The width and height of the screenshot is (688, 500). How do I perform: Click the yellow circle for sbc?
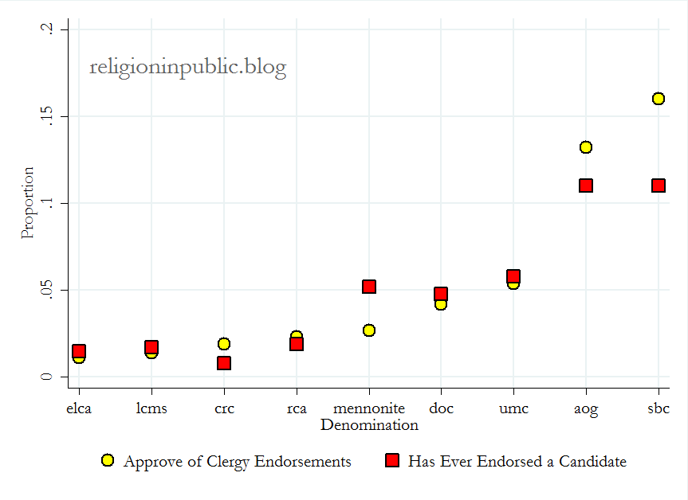click(x=658, y=99)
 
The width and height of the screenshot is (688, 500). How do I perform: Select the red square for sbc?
click(x=658, y=186)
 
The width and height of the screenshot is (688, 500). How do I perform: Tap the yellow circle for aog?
click(x=585, y=147)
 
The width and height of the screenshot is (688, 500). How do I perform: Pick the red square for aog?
click(x=585, y=186)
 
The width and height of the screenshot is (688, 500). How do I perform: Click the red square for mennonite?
click(x=368, y=287)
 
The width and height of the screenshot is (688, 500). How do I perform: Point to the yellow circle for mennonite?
click(x=368, y=330)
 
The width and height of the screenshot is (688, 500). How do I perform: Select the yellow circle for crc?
click(x=224, y=344)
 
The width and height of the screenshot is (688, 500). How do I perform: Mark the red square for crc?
click(x=224, y=363)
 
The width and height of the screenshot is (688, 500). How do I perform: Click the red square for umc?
click(x=513, y=276)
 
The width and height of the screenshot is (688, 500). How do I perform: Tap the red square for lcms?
click(x=151, y=347)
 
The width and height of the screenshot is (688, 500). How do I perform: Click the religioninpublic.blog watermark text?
click(x=187, y=68)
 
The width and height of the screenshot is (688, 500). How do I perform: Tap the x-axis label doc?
click(x=441, y=409)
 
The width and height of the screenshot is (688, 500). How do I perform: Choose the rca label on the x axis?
click(x=296, y=409)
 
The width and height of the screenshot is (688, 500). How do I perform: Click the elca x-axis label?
click(x=78, y=409)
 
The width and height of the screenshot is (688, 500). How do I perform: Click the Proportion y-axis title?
click(x=28, y=202)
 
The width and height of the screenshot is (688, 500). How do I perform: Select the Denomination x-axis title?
click(x=369, y=425)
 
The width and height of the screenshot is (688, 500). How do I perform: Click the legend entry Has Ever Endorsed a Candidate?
click(x=517, y=461)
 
